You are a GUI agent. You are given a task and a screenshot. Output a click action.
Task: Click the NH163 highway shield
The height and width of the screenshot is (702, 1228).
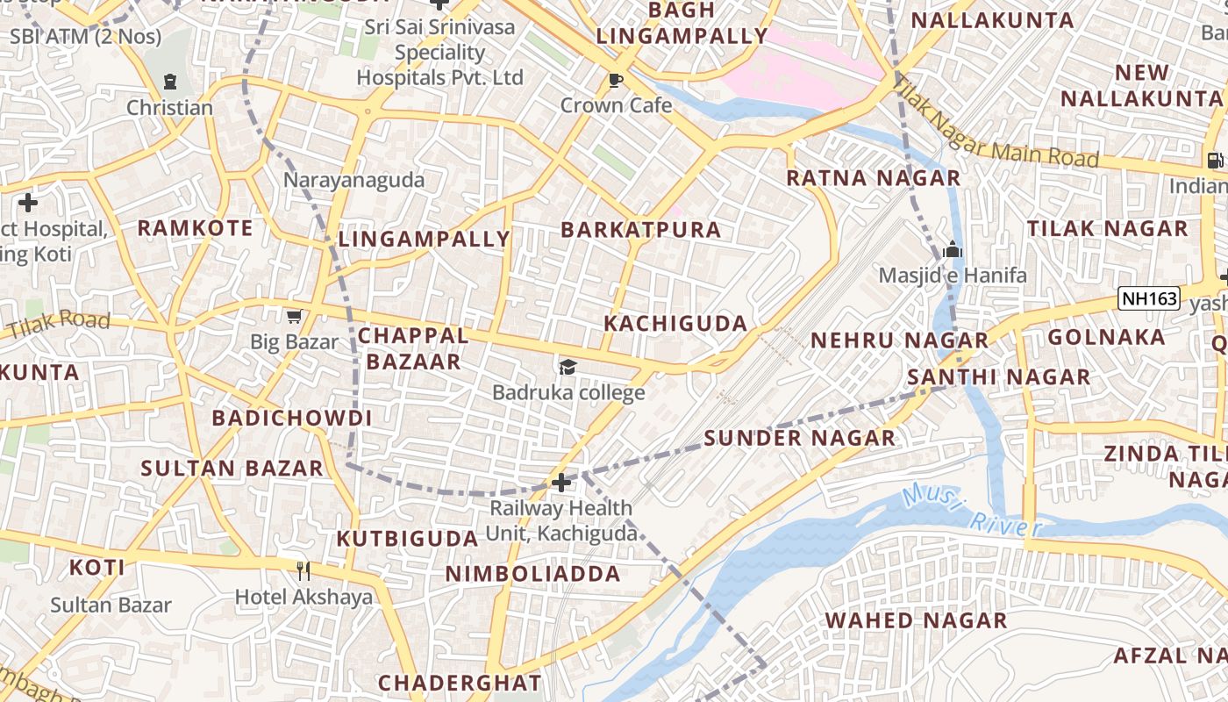[x=1149, y=298]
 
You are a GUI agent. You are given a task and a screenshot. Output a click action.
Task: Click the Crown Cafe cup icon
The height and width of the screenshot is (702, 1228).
[x=616, y=81]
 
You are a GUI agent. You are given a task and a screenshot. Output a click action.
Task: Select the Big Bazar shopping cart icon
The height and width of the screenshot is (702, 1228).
[x=294, y=316]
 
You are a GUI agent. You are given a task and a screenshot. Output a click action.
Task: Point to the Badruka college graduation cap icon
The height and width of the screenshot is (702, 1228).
[x=568, y=367]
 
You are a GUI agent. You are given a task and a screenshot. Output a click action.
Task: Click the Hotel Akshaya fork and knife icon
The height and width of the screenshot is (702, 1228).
[x=303, y=571]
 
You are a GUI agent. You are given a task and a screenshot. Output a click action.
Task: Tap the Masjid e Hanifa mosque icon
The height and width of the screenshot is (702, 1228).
[x=952, y=250]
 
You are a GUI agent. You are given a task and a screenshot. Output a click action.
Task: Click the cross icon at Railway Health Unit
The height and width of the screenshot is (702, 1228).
[x=560, y=482]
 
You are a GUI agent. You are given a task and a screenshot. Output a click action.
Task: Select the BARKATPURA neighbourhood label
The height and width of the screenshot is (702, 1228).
[x=640, y=230]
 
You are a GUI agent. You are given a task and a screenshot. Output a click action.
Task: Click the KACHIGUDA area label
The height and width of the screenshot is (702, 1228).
[x=675, y=323]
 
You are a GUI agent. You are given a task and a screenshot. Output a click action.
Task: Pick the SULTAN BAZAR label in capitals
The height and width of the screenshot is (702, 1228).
[x=232, y=468]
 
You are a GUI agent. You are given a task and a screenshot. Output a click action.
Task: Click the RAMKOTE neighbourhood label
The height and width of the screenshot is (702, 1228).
[x=195, y=228]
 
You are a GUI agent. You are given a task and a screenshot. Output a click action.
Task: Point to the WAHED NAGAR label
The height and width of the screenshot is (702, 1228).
[x=916, y=620]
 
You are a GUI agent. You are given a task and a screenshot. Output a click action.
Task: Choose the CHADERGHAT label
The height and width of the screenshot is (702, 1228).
[x=460, y=682]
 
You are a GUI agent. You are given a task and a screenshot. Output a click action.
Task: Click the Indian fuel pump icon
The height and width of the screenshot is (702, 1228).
[x=1215, y=161]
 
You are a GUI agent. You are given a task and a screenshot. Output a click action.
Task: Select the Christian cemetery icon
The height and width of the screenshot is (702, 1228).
[x=169, y=82]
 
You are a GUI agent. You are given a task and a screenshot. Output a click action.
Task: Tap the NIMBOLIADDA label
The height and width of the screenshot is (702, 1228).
[x=532, y=574]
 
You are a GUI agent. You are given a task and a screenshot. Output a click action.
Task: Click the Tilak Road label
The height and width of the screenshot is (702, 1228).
[x=59, y=324]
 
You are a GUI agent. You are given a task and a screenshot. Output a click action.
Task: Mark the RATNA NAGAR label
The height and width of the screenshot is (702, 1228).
[x=873, y=178]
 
